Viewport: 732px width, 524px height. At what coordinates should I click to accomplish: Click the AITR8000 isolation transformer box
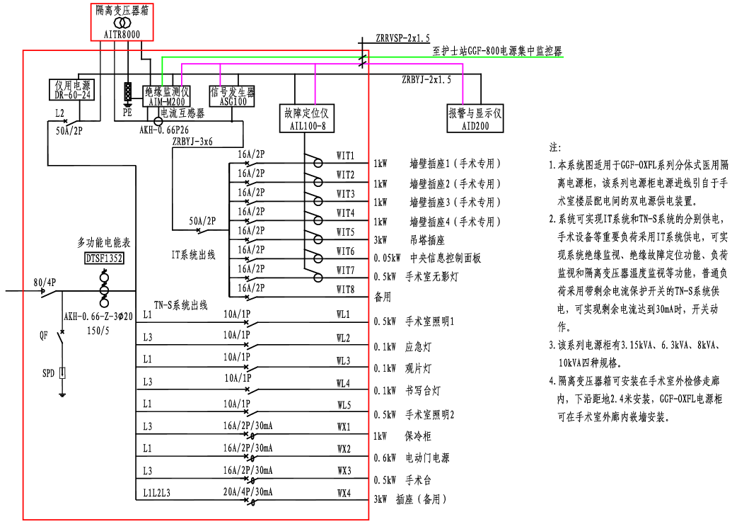click(122, 21)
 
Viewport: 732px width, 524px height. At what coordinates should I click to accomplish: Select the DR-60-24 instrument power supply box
click(73, 90)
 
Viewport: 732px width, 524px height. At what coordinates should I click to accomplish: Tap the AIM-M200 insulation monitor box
click(167, 96)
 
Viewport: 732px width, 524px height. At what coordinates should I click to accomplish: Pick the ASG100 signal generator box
click(233, 97)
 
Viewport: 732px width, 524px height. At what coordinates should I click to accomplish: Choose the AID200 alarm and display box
click(475, 118)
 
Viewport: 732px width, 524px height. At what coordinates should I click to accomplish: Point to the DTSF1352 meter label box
click(104, 258)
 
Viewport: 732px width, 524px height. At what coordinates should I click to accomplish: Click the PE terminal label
click(127, 112)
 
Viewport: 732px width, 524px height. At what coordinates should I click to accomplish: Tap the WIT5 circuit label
click(346, 232)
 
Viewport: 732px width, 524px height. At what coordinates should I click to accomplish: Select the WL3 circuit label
click(344, 361)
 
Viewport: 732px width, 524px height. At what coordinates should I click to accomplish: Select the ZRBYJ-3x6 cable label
click(192, 142)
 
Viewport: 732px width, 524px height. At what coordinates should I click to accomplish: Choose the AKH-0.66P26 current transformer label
click(164, 131)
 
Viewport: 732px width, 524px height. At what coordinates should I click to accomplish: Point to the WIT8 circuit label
click(346, 289)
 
